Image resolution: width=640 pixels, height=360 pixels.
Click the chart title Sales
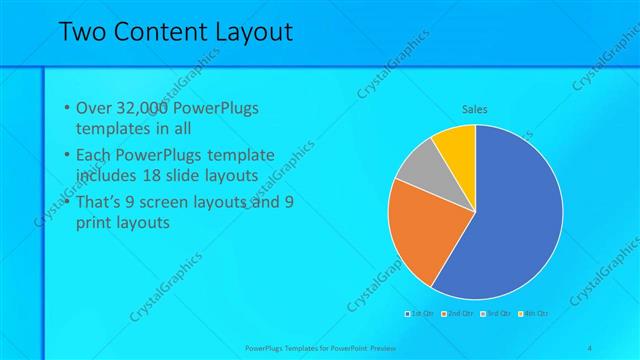(474, 109)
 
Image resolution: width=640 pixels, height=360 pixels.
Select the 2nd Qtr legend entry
(457, 313)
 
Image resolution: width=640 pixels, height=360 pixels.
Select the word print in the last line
(96, 222)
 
